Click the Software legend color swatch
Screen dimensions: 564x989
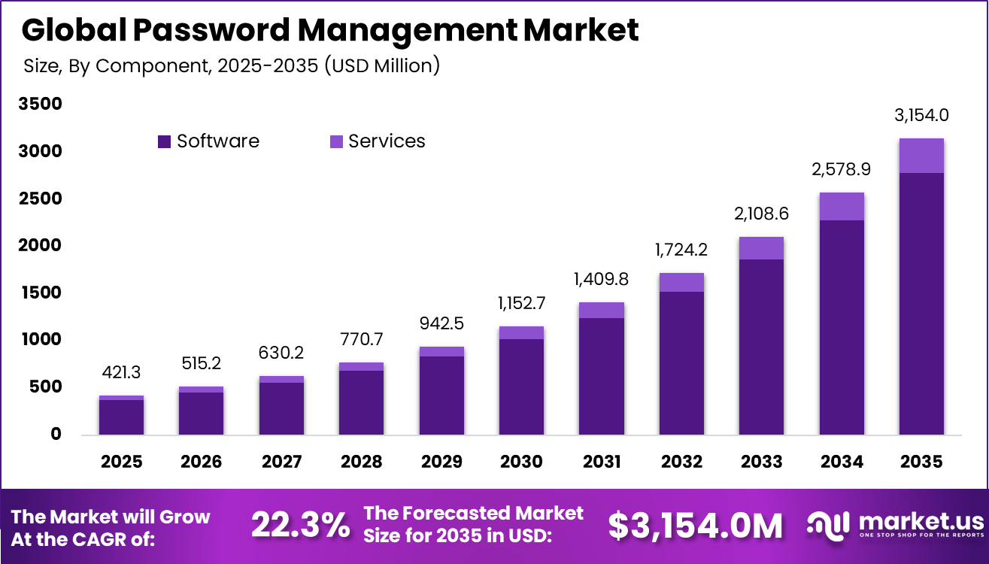click(x=165, y=141)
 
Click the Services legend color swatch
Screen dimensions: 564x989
click(x=337, y=141)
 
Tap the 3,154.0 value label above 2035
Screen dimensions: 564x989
click(x=921, y=115)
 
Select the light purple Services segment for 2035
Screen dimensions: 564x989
click(x=921, y=156)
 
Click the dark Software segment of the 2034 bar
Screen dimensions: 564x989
click(x=842, y=327)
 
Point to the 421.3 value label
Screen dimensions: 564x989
click(x=121, y=372)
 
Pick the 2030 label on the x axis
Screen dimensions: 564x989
click(x=521, y=461)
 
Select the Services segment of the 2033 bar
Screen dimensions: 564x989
click(x=761, y=248)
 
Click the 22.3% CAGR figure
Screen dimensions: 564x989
click(x=300, y=526)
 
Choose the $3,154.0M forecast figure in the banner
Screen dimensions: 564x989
click(x=696, y=526)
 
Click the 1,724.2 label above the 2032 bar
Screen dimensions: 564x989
click(x=681, y=250)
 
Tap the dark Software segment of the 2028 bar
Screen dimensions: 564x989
click(x=361, y=402)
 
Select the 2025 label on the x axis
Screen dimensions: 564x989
click(x=121, y=461)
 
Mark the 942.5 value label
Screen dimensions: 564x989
click(x=441, y=323)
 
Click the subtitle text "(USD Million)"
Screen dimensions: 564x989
click(x=382, y=65)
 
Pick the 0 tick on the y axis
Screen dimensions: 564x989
click(x=56, y=434)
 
